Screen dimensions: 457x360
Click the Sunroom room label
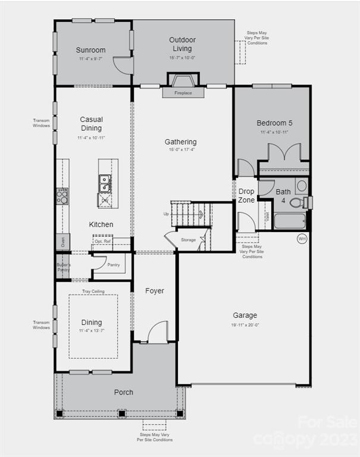pyautogui.click(x=90, y=51)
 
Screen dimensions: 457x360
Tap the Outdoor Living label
pyautogui.click(x=182, y=44)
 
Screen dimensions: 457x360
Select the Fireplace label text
pyautogui.click(x=183, y=93)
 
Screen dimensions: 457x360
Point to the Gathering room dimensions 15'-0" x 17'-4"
pyautogui.click(x=181, y=150)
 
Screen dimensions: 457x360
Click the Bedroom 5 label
pyautogui.click(x=274, y=123)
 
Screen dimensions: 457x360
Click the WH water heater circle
pyautogui.click(x=302, y=239)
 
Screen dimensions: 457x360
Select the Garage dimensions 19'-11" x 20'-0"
pyautogui.click(x=245, y=325)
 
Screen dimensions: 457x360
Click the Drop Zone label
pyautogui.click(x=246, y=196)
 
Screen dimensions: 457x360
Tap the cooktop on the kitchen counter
pyautogui.click(x=62, y=196)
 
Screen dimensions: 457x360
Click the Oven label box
pyautogui.click(x=62, y=242)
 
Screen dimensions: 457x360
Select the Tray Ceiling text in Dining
pyautogui.click(x=93, y=292)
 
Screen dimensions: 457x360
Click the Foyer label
pyautogui.click(x=155, y=291)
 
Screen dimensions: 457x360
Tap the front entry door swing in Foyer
pyautogui.click(x=157, y=332)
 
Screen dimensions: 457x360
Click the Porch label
pyautogui.click(x=124, y=392)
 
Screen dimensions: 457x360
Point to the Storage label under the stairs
pyautogui.click(x=188, y=240)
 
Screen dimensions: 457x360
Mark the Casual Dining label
pyautogui.click(x=91, y=124)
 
